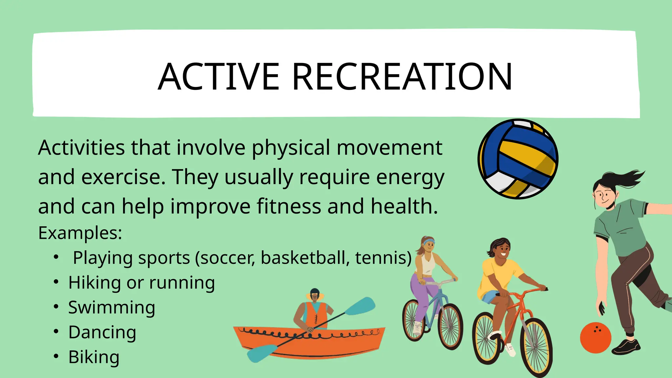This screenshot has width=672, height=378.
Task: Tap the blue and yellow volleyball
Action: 518,159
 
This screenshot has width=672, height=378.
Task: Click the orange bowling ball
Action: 595,338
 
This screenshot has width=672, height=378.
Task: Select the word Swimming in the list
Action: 112,308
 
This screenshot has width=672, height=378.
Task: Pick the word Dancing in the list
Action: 102,332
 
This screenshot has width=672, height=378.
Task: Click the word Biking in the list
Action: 94,357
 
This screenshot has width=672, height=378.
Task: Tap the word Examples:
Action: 80,233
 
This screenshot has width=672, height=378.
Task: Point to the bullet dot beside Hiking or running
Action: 56,282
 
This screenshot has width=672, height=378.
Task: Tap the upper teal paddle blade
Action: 361,306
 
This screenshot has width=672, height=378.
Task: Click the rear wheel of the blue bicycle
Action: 413,320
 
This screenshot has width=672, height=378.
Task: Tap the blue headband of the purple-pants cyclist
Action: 429,242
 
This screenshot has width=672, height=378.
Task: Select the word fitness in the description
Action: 289,206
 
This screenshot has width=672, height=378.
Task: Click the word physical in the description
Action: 291,148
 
